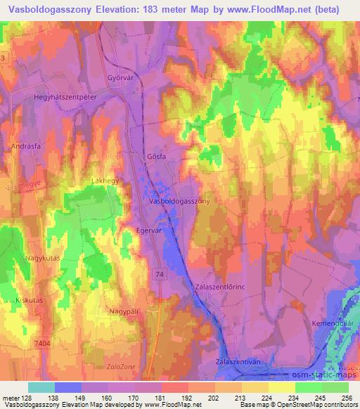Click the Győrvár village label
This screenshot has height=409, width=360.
tap(120, 78)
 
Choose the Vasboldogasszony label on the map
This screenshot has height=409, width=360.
tap(180, 200)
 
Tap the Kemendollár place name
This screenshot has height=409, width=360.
tap(333, 323)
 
